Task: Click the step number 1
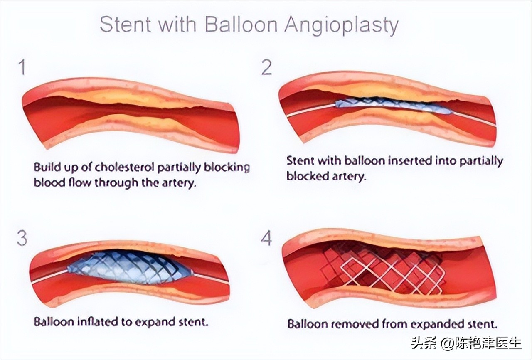pyautogui.click(x=22, y=67)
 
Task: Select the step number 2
pyautogui.click(x=267, y=67)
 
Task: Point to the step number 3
pyautogui.click(x=22, y=239)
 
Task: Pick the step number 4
pyautogui.click(x=266, y=239)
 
